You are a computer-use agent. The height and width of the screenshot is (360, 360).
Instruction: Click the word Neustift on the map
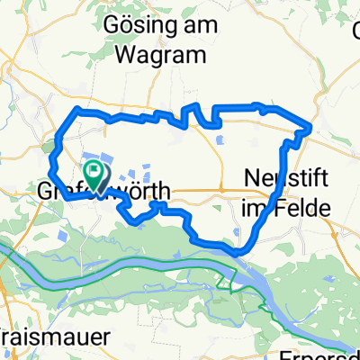281,180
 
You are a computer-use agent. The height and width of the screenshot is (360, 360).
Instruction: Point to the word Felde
303,207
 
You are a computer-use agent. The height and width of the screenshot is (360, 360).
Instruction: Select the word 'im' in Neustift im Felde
256,207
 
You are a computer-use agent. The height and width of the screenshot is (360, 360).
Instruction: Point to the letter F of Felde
281,207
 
